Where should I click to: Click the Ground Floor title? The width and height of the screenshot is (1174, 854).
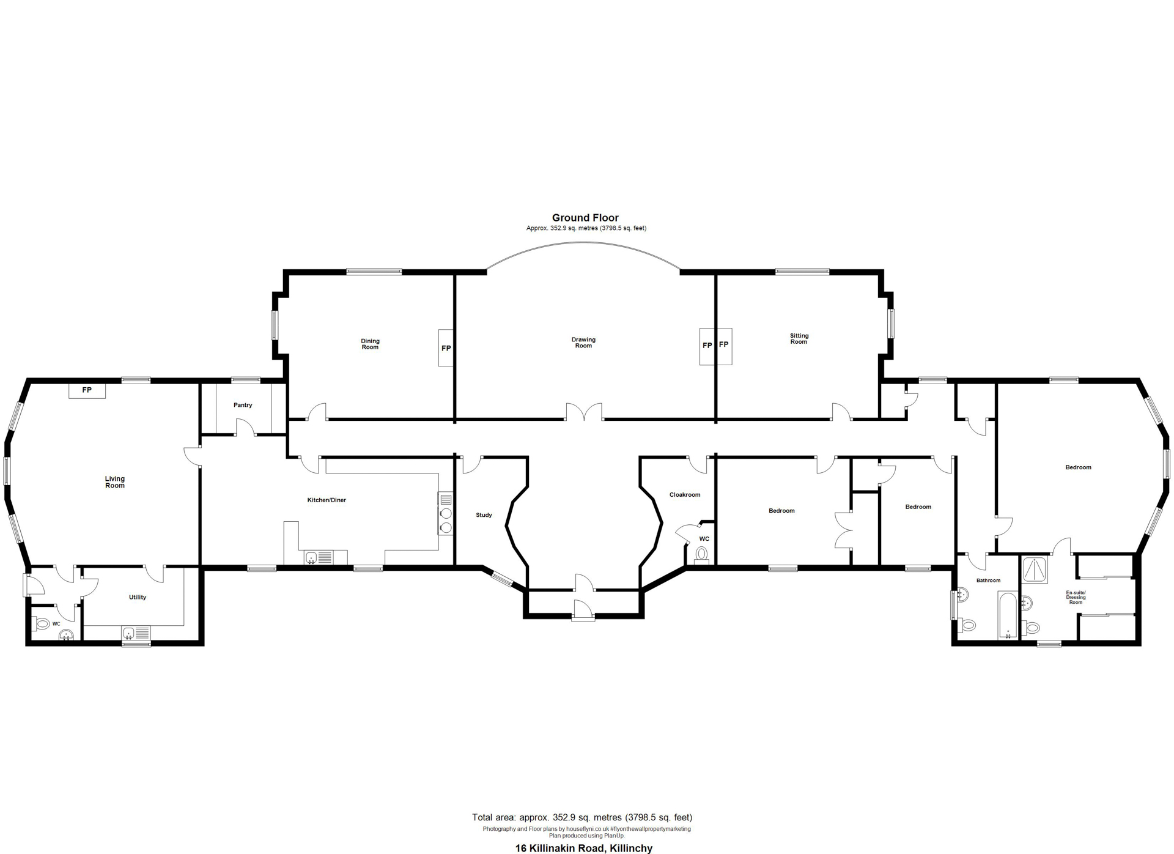tap(585, 218)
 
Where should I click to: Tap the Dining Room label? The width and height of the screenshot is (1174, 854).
tap(370, 344)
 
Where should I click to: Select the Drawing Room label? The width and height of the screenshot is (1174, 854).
tap(583, 343)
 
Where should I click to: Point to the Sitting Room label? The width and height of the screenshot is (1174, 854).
tap(799, 338)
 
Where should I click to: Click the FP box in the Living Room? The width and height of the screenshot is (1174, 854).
tap(87, 390)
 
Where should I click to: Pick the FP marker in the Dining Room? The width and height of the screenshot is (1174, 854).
tap(446, 348)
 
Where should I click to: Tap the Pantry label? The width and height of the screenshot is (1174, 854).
tap(243, 405)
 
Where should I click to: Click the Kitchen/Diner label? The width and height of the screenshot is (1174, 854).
tap(327, 500)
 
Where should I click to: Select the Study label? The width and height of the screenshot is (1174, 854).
tap(484, 515)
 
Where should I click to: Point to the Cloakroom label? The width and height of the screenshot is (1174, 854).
tap(685, 494)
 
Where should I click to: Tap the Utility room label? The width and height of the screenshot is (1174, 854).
tap(138, 597)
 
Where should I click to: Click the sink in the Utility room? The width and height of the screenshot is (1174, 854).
tap(136, 633)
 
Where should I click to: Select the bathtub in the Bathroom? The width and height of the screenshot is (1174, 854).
tap(1008, 615)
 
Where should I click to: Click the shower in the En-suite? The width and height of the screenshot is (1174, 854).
tap(1035, 570)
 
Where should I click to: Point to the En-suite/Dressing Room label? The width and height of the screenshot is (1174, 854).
tap(1076, 597)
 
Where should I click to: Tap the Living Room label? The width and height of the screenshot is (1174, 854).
tap(115, 482)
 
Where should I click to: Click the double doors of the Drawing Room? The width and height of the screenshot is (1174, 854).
tap(584, 412)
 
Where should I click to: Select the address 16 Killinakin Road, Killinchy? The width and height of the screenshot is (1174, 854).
tap(584, 848)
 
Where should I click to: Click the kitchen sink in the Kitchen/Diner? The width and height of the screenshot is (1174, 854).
tap(319, 557)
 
